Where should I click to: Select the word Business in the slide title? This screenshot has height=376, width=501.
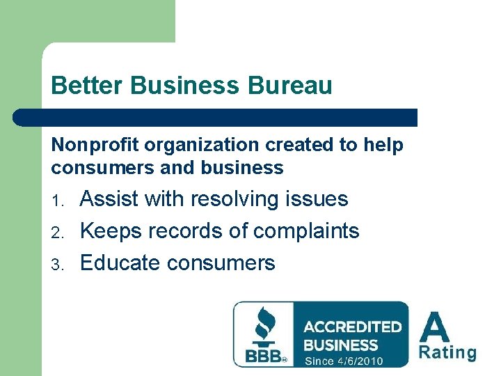point(183,86)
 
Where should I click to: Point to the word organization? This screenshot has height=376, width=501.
point(183,146)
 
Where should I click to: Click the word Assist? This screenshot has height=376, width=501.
point(110,199)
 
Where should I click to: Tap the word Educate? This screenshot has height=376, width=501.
point(121,263)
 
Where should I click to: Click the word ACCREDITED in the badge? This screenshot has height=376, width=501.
point(353,327)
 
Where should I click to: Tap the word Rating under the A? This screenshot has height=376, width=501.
point(447,352)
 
